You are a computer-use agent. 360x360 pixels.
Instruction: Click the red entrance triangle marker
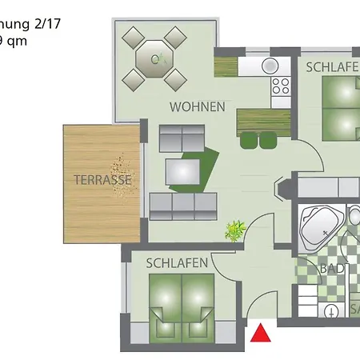[x=261, y=332]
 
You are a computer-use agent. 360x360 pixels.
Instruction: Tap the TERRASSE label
[x=102, y=180]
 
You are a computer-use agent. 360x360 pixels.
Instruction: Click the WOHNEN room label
[x=197, y=106]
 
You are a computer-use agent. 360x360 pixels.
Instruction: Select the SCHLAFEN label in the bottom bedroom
[x=178, y=262]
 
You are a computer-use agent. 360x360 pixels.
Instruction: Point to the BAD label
[x=334, y=269]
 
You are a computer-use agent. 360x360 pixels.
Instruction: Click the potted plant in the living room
[x=234, y=231]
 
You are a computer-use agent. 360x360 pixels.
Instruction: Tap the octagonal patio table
[x=154, y=58]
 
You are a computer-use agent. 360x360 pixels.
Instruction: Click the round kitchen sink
[x=270, y=65]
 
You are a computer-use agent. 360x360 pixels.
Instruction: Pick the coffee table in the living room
[x=182, y=170]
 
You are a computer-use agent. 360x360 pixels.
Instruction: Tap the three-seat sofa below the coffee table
[x=183, y=206]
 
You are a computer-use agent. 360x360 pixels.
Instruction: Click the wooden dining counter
[x=263, y=122]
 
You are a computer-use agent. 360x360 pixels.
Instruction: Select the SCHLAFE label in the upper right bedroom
[x=332, y=67]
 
